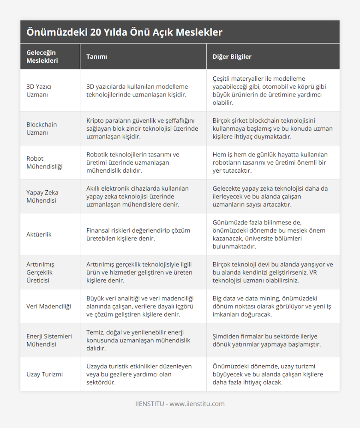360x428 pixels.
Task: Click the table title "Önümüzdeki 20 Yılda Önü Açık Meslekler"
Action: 124,32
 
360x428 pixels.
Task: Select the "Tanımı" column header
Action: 97,57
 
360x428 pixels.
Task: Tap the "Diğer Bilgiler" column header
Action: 232,57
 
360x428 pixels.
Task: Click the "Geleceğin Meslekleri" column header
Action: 42,57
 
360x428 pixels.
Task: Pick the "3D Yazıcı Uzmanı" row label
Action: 39,91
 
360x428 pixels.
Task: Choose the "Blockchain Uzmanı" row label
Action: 41,128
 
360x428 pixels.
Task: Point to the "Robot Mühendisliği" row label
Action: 44,162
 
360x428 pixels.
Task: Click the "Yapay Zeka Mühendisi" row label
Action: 42,196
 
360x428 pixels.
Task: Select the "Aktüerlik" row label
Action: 39,234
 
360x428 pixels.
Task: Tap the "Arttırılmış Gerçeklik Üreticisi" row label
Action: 40,272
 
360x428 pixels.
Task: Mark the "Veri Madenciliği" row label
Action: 49,306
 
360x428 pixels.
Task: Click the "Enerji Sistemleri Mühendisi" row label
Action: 49,340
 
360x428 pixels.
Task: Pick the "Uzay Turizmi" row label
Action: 44,374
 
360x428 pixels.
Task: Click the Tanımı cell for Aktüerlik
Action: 138,234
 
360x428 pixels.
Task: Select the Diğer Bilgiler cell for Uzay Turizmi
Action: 268,374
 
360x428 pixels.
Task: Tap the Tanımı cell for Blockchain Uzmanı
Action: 142,128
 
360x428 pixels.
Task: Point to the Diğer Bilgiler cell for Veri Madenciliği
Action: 271,306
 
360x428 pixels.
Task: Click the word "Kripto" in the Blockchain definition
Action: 94,120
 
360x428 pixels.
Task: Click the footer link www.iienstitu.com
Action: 197,404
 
